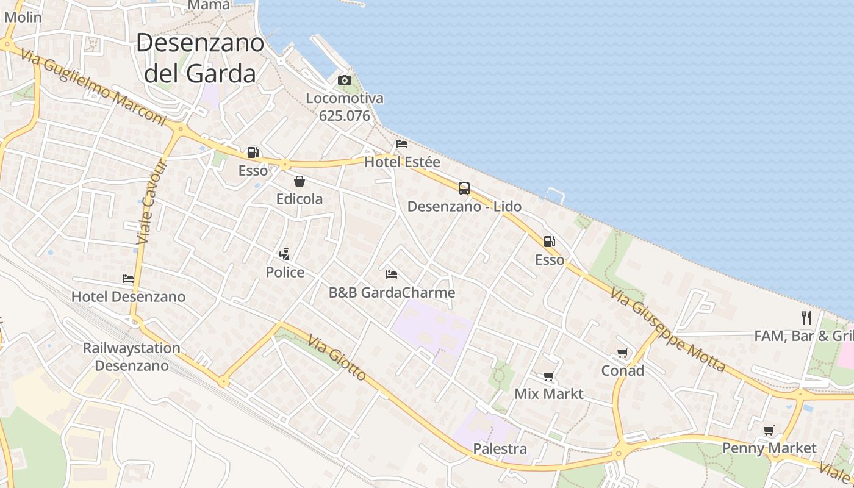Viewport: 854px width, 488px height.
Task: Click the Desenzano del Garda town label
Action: click(200, 58)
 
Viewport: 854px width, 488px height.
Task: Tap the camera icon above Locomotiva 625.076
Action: click(345, 80)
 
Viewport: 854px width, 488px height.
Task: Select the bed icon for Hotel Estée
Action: click(402, 144)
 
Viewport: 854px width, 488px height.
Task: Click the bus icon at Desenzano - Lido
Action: click(464, 188)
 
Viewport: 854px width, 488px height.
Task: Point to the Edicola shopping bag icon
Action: click(300, 181)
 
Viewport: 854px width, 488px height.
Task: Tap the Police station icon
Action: click(284, 254)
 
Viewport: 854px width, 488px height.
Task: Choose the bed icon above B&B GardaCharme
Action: click(392, 274)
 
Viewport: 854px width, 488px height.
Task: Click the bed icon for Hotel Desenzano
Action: click(128, 279)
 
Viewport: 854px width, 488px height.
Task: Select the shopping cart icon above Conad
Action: click(622, 353)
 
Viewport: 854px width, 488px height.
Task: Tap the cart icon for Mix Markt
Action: click(548, 376)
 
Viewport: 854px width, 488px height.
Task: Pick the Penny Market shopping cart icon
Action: click(769, 430)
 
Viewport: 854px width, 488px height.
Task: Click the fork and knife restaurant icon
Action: click(806, 317)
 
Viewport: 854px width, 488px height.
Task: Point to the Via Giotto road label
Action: click(337, 357)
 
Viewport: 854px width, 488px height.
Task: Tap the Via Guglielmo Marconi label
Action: click(93, 88)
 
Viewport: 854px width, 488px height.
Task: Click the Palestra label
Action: click(500, 449)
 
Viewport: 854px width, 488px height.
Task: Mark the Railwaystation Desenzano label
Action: click(132, 357)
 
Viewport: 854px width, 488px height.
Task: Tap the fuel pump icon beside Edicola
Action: click(253, 152)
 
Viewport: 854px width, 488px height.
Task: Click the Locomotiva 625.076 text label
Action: click(345, 107)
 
